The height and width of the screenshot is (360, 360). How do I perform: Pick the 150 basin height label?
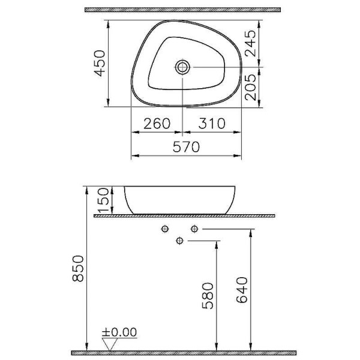(103, 200)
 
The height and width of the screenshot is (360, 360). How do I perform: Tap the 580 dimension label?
(207, 295)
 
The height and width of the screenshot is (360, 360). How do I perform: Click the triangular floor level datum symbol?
(109, 344)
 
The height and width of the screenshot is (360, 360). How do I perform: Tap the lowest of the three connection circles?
(179, 241)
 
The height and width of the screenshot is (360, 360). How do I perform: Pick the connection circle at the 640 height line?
(194, 229)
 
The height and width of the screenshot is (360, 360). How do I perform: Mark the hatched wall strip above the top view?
(183, 10)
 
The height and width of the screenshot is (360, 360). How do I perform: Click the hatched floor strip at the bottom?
(183, 351)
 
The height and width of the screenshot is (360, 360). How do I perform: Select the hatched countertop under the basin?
(183, 214)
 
